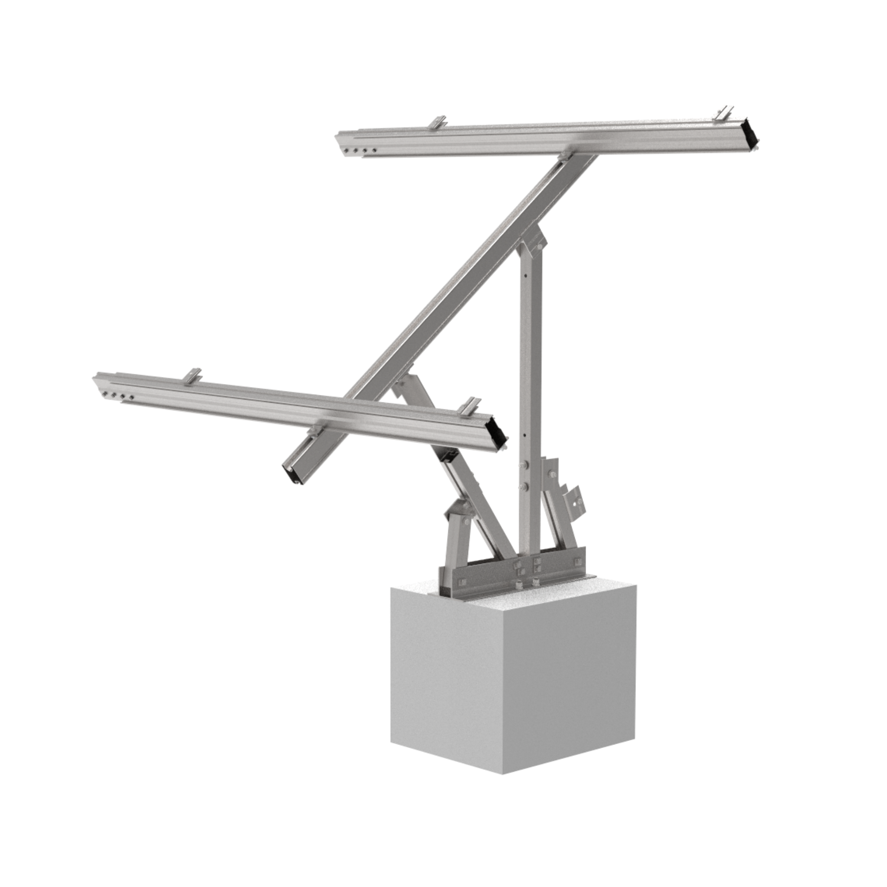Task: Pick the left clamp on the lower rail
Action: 192,376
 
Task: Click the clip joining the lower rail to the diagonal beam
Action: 316,430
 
